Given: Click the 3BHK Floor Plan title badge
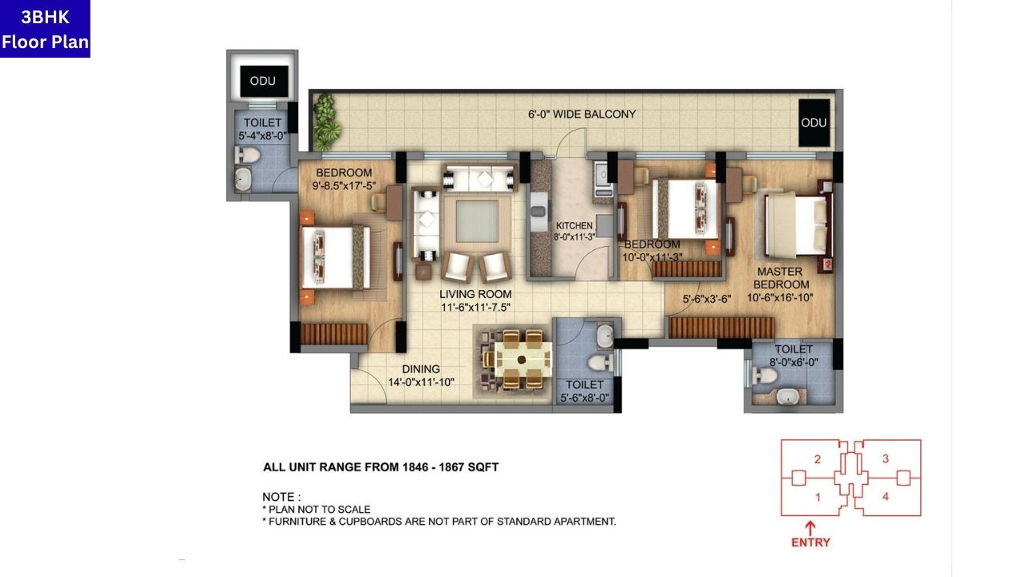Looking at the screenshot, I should click(x=45, y=29).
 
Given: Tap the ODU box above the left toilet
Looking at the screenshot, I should click(x=263, y=81).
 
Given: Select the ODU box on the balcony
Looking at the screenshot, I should click(x=814, y=123).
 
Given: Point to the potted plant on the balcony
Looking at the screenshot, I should click(x=325, y=122).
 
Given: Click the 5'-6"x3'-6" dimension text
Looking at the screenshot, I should click(x=707, y=300).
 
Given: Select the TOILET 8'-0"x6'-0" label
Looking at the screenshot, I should click(x=793, y=355).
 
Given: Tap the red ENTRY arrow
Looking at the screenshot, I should click(x=810, y=529).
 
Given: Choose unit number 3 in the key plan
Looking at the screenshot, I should click(x=885, y=459).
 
